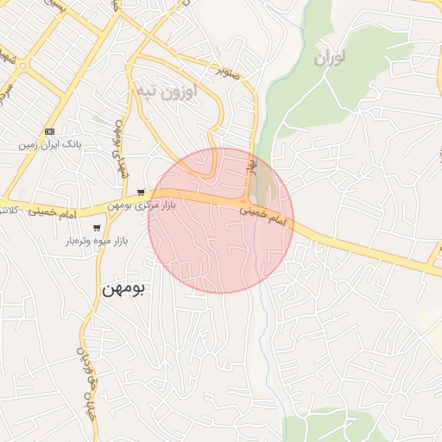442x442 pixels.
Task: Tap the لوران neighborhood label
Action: pos(329,59)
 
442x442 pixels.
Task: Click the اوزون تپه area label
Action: pos(167,90)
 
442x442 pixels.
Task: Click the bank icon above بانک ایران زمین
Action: pos(49,130)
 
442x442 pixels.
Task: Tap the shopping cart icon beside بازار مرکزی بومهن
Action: pos(141,193)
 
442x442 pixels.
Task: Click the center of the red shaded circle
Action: pos(221,220)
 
